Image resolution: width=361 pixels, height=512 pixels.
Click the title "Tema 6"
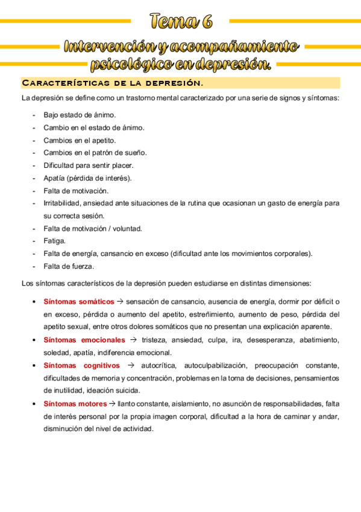click(x=181, y=22)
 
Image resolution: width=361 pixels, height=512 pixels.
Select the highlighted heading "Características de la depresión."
click(x=112, y=83)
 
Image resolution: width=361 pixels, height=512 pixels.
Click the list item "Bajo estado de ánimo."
click(x=80, y=115)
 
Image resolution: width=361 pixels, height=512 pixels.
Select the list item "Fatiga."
click(x=54, y=241)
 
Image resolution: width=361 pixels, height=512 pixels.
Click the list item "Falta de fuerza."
click(x=69, y=266)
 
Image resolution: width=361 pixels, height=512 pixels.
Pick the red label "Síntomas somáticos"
click(x=78, y=301)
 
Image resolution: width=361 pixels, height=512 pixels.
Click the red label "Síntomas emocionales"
click(x=84, y=340)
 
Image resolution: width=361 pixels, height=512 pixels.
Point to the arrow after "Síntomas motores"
click(x=112, y=403)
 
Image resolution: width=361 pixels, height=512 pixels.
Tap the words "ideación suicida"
click(x=118, y=391)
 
